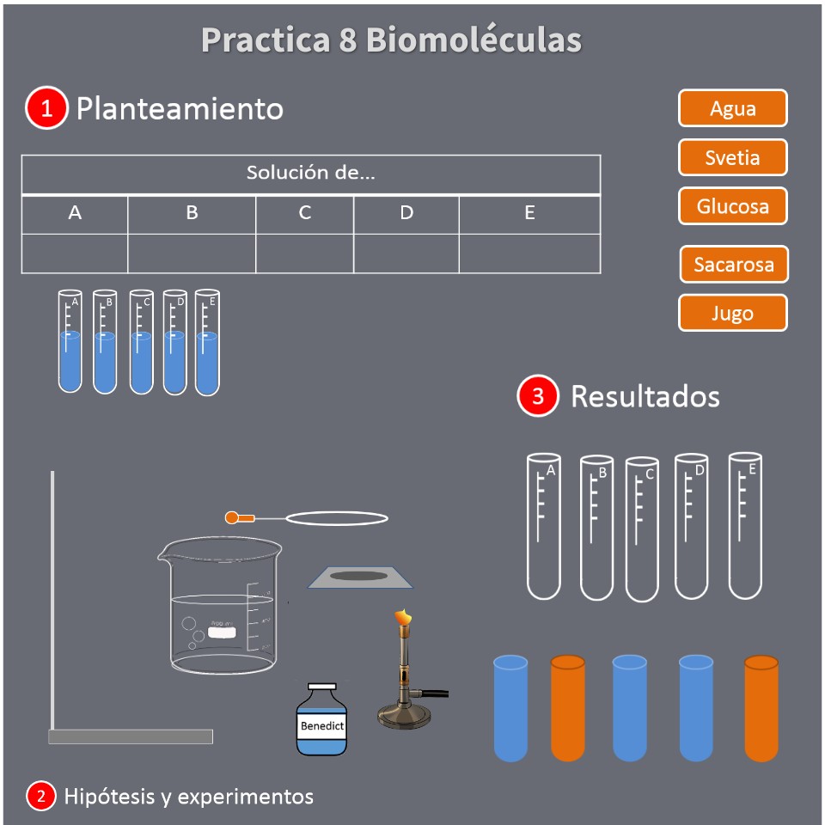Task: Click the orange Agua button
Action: [x=732, y=108]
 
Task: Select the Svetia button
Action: [x=732, y=157]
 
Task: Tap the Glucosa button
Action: [x=732, y=206]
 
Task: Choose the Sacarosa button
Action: [x=733, y=265]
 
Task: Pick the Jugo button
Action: [x=732, y=313]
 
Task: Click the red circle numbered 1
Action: [x=46, y=108]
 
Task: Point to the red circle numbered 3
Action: [x=538, y=396]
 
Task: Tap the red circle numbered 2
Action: [x=40, y=797]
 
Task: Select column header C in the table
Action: [x=305, y=213]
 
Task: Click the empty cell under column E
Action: [x=529, y=254]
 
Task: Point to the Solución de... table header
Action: [x=310, y=174]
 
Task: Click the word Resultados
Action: [x=645, y=396]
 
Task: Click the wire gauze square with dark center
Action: [x=360, y=577]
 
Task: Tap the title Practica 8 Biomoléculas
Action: [x=391, y=40]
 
